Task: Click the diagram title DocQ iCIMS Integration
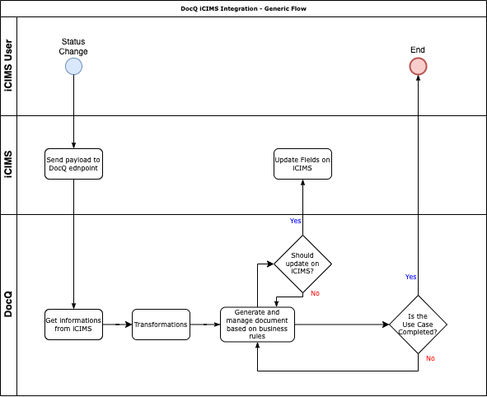[x=243, y=8]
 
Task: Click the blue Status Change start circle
[x=73, y=67]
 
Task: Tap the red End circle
[x=418, y=67]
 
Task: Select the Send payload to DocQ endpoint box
[x=73, y=164]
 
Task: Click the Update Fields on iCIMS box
[x=302, y=164]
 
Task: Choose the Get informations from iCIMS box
[x=73, y=325]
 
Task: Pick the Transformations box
[x=161, y=325]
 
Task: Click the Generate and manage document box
[x=257, y=325]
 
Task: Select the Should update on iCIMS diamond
[x=302, y=264]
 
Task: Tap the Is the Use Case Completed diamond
[x=418, y=325]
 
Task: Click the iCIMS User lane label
[x=8, y=66]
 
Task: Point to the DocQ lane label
[x=8, y=305]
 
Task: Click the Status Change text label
[x=73, y=46]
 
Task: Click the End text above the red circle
[x=418, y=50]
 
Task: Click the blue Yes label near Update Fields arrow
[x=295, y=221]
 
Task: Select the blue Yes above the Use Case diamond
[x=410, y=277]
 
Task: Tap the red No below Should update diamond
[x=315, y=294]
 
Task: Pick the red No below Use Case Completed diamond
[x=430, y=358]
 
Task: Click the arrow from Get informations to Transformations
[x=117, y=325]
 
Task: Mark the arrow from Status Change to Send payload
[x=73, y=111]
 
